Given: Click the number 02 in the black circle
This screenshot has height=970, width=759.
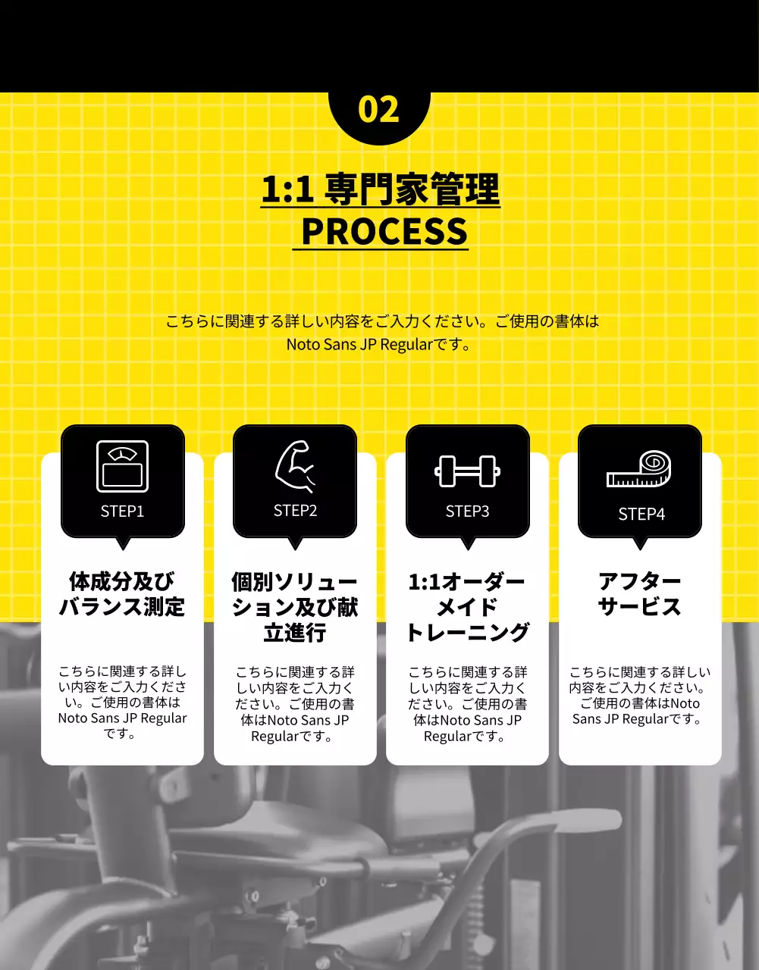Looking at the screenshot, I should pyautogui.click(x=378, y=109).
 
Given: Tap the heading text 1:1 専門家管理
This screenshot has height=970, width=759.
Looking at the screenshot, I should pyautogui.click(x=380, y=189).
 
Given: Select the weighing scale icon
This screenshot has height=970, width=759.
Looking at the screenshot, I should pyautogui.click(x=122, y=466).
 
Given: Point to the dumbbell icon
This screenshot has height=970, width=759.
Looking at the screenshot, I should pyautogui.click(x=467, y=471).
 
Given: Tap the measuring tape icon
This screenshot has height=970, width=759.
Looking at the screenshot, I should pyautogui.click(x=639, y=470).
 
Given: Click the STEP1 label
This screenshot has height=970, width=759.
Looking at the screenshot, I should pyautogui.click(x=122, y=512).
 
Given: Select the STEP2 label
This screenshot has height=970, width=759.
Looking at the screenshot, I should pyautogui.click(x=295, y=511).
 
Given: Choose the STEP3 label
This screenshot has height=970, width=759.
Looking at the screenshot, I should pyautogui.click(x=467, y=512).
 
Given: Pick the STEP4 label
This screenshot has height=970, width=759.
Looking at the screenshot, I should pyautogui.click(x=641, y=515).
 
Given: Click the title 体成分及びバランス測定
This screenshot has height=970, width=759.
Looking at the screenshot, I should pyautogui.click(x=122, y=594).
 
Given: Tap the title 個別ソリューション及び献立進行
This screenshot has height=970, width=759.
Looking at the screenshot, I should pyautogui.click(x=295, y=607).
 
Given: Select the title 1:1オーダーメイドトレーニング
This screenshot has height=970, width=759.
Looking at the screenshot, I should pyautogui.click(x=467, y=607).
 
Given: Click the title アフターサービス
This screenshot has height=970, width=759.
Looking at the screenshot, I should pyautogui.click(x=640, y=594).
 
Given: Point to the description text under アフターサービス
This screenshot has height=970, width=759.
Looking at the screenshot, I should pyautogui.click(x=640, y=695).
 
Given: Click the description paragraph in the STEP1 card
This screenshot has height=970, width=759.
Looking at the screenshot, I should pyautogui.click(x=122, y=702).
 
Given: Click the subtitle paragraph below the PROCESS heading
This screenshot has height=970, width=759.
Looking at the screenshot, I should pyautogui.click(x=381, y=333).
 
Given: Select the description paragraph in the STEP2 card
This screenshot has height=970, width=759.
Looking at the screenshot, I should pyautogui.click(x=295, y=704).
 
